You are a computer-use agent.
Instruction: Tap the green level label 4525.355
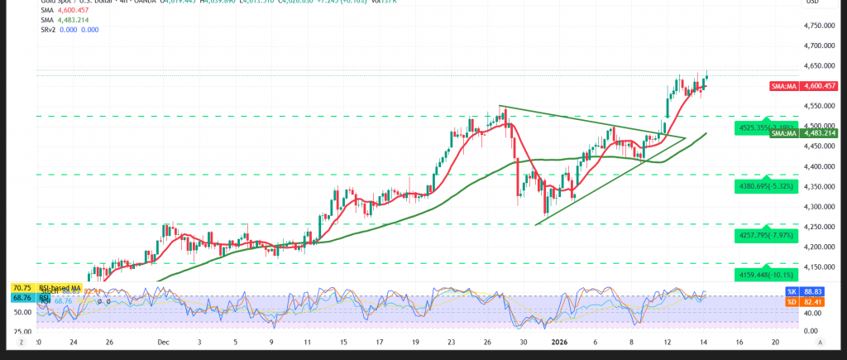[764, 127]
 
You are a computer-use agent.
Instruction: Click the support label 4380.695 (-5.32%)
[764, 186]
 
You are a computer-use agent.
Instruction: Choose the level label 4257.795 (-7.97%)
[764, 235]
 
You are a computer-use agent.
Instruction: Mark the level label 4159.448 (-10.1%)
[764, 274]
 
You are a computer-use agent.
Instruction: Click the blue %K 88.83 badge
[792, 292]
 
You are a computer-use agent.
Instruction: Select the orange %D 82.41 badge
[792, 302]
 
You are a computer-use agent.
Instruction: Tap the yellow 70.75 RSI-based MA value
[22, 287]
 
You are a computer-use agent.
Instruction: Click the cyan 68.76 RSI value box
[22, 297]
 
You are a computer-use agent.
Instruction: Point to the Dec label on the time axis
[163, 341]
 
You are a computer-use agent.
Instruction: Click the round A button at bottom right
[819, 341]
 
